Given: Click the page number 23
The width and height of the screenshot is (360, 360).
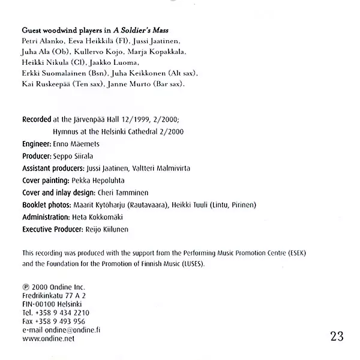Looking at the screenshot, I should pyautogui.click(x=337, y=336).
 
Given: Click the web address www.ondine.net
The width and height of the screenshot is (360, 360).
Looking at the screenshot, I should pyautogui.click(x=48, y=338).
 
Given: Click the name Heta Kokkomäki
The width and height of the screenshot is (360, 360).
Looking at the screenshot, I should pyautogui.click(x=101, y=217).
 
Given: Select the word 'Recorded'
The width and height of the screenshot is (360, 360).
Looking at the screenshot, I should pyautogui.click(x=37, y=119).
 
